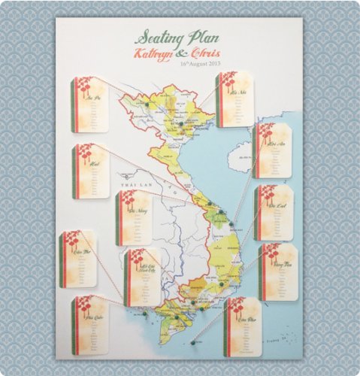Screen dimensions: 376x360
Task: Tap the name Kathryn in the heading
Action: [x=153, y=53]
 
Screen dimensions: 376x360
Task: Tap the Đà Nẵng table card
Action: [x=135, y=218]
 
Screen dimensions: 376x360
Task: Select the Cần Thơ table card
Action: [x=79, y=258]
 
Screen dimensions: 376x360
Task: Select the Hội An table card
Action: [x=271, y=150]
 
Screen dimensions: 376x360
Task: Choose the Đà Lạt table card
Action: [x=273, y=212]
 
